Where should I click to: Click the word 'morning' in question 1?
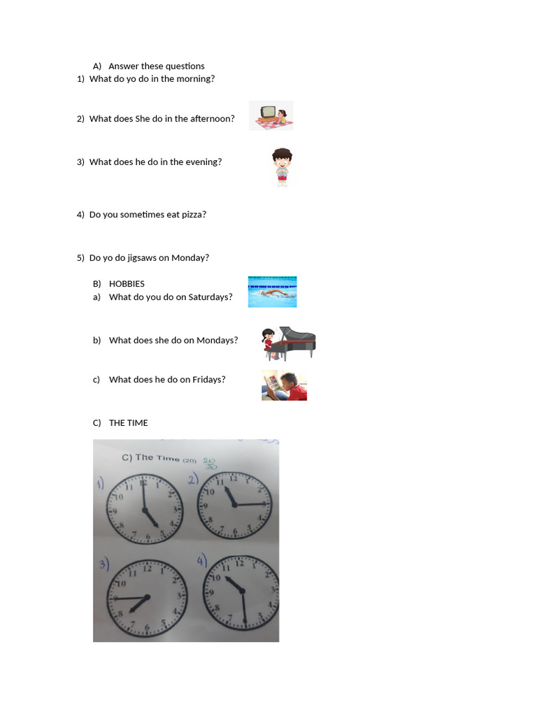tap(194, 79)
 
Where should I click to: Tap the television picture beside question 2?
tap(271, 115)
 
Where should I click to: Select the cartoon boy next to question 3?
tap(282, 166)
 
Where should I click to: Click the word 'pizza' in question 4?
tap(194, 215)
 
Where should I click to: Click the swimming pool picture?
tap(272, 292)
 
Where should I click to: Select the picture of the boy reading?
tap(284, 385)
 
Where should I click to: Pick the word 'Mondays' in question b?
tap(217, 341)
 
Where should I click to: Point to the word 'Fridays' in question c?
tap(208, 380)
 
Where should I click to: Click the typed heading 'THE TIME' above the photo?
tap(129, 423)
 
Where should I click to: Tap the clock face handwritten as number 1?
tap(144, 509)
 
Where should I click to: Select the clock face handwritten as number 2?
tap(235, 505)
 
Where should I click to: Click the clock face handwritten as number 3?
tap(146, 599)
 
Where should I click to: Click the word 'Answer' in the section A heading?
tap(124, 66)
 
